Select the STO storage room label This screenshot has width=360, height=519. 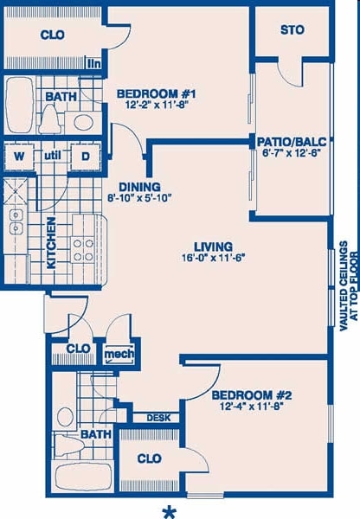pos(292,30)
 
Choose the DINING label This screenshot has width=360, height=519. pos(139,186)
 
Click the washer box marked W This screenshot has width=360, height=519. pos(17,157)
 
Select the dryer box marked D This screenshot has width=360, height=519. pos(86,157)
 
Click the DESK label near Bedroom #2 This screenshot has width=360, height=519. pos(157,418)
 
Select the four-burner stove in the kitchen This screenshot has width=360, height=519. pos(83,250)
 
